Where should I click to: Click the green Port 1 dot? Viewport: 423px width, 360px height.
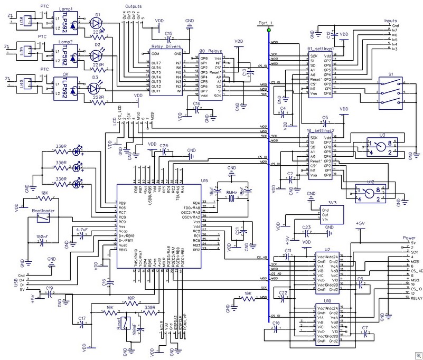[269, 30]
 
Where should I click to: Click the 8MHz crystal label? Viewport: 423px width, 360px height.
[231, 192]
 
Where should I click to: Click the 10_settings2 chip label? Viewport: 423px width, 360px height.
[320, 130]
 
